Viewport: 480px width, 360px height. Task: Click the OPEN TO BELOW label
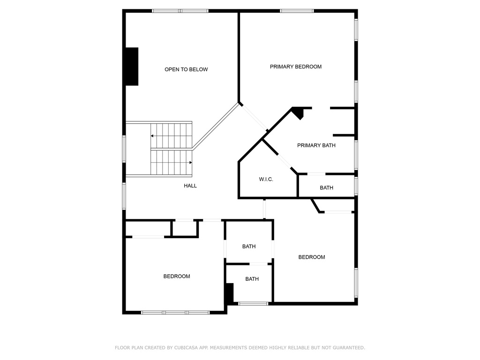coord(186,69)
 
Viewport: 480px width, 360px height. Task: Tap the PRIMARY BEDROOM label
coord(296,67)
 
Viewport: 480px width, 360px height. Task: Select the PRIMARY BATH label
coord(316,145)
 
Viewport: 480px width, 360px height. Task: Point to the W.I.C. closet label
coord(266,180)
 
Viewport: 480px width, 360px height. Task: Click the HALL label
coord(190,186)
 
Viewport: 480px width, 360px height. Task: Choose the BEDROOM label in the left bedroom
coord(177,277)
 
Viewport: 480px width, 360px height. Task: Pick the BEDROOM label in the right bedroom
coord(312,257)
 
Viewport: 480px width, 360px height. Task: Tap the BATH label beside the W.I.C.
coord(326,188)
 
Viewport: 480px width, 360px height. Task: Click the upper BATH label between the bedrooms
coord(249,247)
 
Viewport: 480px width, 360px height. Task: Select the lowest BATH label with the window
coord(252,279)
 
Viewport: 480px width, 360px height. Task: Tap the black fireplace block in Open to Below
coord(132,67)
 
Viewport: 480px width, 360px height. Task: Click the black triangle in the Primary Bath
coord(298,112)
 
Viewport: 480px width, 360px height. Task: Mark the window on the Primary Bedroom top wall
coord(297,11)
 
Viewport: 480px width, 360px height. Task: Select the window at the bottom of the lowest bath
coord(253,304)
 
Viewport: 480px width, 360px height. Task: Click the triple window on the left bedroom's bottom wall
coord(175,313)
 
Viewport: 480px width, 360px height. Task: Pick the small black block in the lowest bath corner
coord(230,293)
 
